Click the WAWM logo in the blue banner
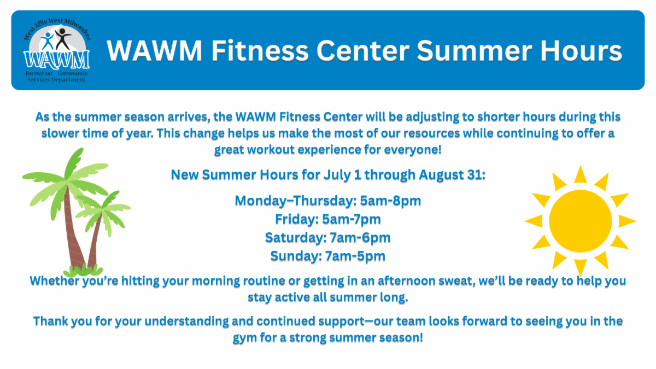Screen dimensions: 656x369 56,50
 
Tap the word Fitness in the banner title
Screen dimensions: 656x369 260,51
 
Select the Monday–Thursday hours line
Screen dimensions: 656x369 328,201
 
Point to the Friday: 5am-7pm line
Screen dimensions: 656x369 328,219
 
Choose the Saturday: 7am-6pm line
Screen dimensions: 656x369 328,238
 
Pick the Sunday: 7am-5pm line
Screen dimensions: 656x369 328,256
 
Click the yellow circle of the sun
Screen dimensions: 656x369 581,221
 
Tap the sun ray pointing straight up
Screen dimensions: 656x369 581,175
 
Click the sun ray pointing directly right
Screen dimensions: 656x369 626,221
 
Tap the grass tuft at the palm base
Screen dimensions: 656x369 83,271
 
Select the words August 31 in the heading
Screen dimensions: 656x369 452,175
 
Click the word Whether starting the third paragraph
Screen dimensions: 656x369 55,281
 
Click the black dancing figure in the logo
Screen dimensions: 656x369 62,39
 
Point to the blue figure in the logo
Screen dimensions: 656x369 47,42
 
